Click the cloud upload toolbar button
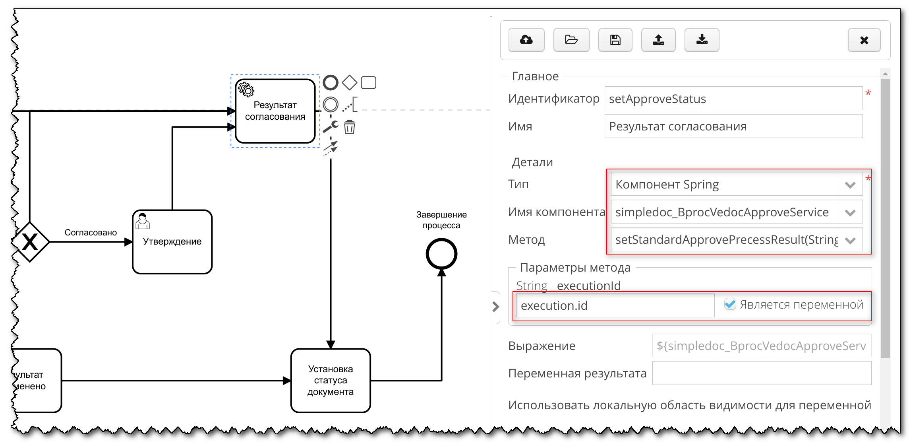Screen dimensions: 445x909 [526, 40]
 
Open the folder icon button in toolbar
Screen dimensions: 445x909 [571, 40]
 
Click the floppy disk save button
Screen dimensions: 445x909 [615, 40]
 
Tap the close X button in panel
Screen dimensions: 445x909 [864, 40]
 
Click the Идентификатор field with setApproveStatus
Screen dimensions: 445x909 [733, 99]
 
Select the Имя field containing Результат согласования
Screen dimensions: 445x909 [733, 126]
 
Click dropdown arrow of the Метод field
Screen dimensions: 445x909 [850, 240]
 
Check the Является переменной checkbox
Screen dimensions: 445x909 [730, 304]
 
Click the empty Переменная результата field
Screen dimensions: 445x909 [761, 373]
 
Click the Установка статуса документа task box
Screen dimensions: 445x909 [331, 381]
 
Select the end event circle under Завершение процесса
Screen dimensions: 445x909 [441, 254]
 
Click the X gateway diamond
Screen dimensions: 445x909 [30, 242]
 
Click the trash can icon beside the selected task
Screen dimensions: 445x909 [349, 127]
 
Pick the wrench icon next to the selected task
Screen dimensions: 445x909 [330, 127]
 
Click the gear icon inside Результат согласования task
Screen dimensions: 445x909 [246, 90]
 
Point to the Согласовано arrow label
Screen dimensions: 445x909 [91, 233]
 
